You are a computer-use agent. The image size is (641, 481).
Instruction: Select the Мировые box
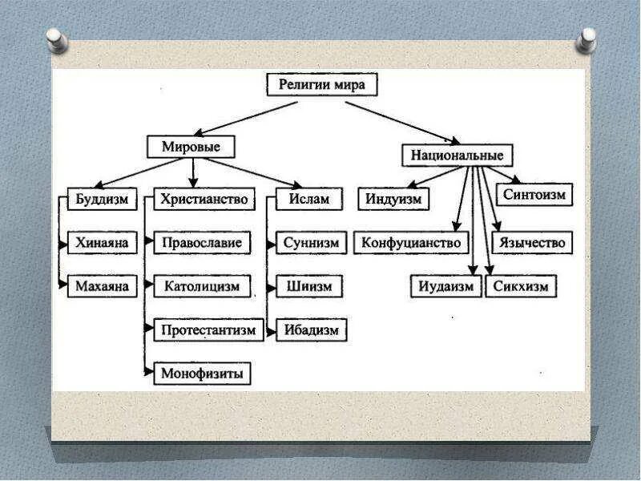pyautogui.click(x=191, y=148)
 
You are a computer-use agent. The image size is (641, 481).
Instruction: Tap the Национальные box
pyautogui.click(x=458, y=155)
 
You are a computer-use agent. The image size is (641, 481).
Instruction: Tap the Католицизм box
pyautogui.click(x=202, y=285)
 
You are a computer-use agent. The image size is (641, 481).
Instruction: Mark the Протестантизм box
pyautogui.click(x=208, y=329)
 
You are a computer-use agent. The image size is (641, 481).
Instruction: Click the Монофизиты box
pyautogui.click(x=201, y=373)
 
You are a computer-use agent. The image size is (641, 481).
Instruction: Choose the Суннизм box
pyautogui.click(x=311, y=243)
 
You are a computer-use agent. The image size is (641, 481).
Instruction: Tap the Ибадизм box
pyautogui.click(x=311, y=329)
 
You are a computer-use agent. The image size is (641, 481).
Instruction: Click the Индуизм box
pyautogui.click(x=393, y=200)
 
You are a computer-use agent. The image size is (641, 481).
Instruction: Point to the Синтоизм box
pyautogui.click(x=534, y=194)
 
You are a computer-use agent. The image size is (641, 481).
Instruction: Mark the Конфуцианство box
pyautogui.click(x=411, y=242)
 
